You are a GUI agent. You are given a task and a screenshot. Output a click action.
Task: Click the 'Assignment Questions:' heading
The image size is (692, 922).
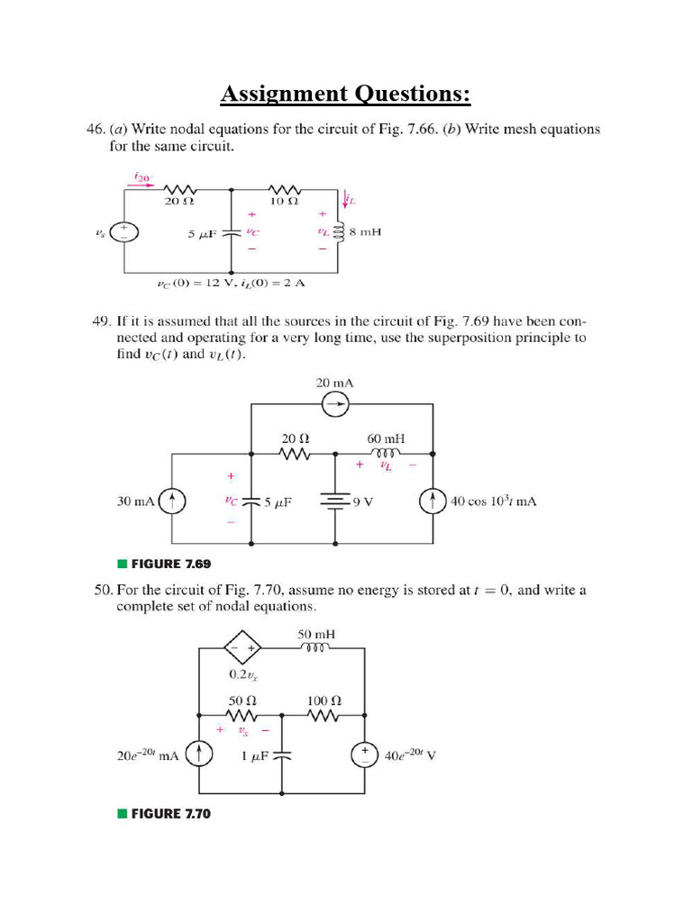(346, 93)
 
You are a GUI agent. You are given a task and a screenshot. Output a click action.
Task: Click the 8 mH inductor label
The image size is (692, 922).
(366, 232)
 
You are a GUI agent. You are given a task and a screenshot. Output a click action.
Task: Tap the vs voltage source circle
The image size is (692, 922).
(124, 232)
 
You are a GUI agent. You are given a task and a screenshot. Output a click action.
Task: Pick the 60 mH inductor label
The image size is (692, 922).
(385, 438)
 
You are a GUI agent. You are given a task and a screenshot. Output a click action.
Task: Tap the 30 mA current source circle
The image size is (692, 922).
(173, 502)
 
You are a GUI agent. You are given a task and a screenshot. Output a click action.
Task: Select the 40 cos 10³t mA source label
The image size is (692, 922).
(493, 502)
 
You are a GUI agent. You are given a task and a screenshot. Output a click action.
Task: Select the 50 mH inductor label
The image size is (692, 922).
(315, 634)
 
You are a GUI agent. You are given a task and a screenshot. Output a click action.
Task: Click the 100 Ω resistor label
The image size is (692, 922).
(323, 699)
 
